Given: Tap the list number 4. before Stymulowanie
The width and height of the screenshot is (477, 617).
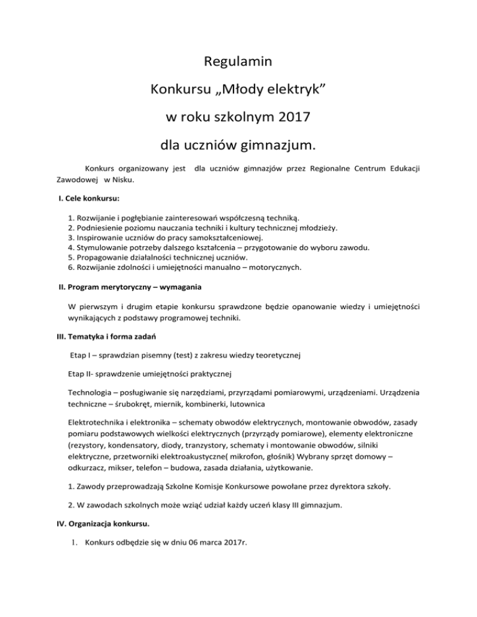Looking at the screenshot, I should [70, 247].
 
